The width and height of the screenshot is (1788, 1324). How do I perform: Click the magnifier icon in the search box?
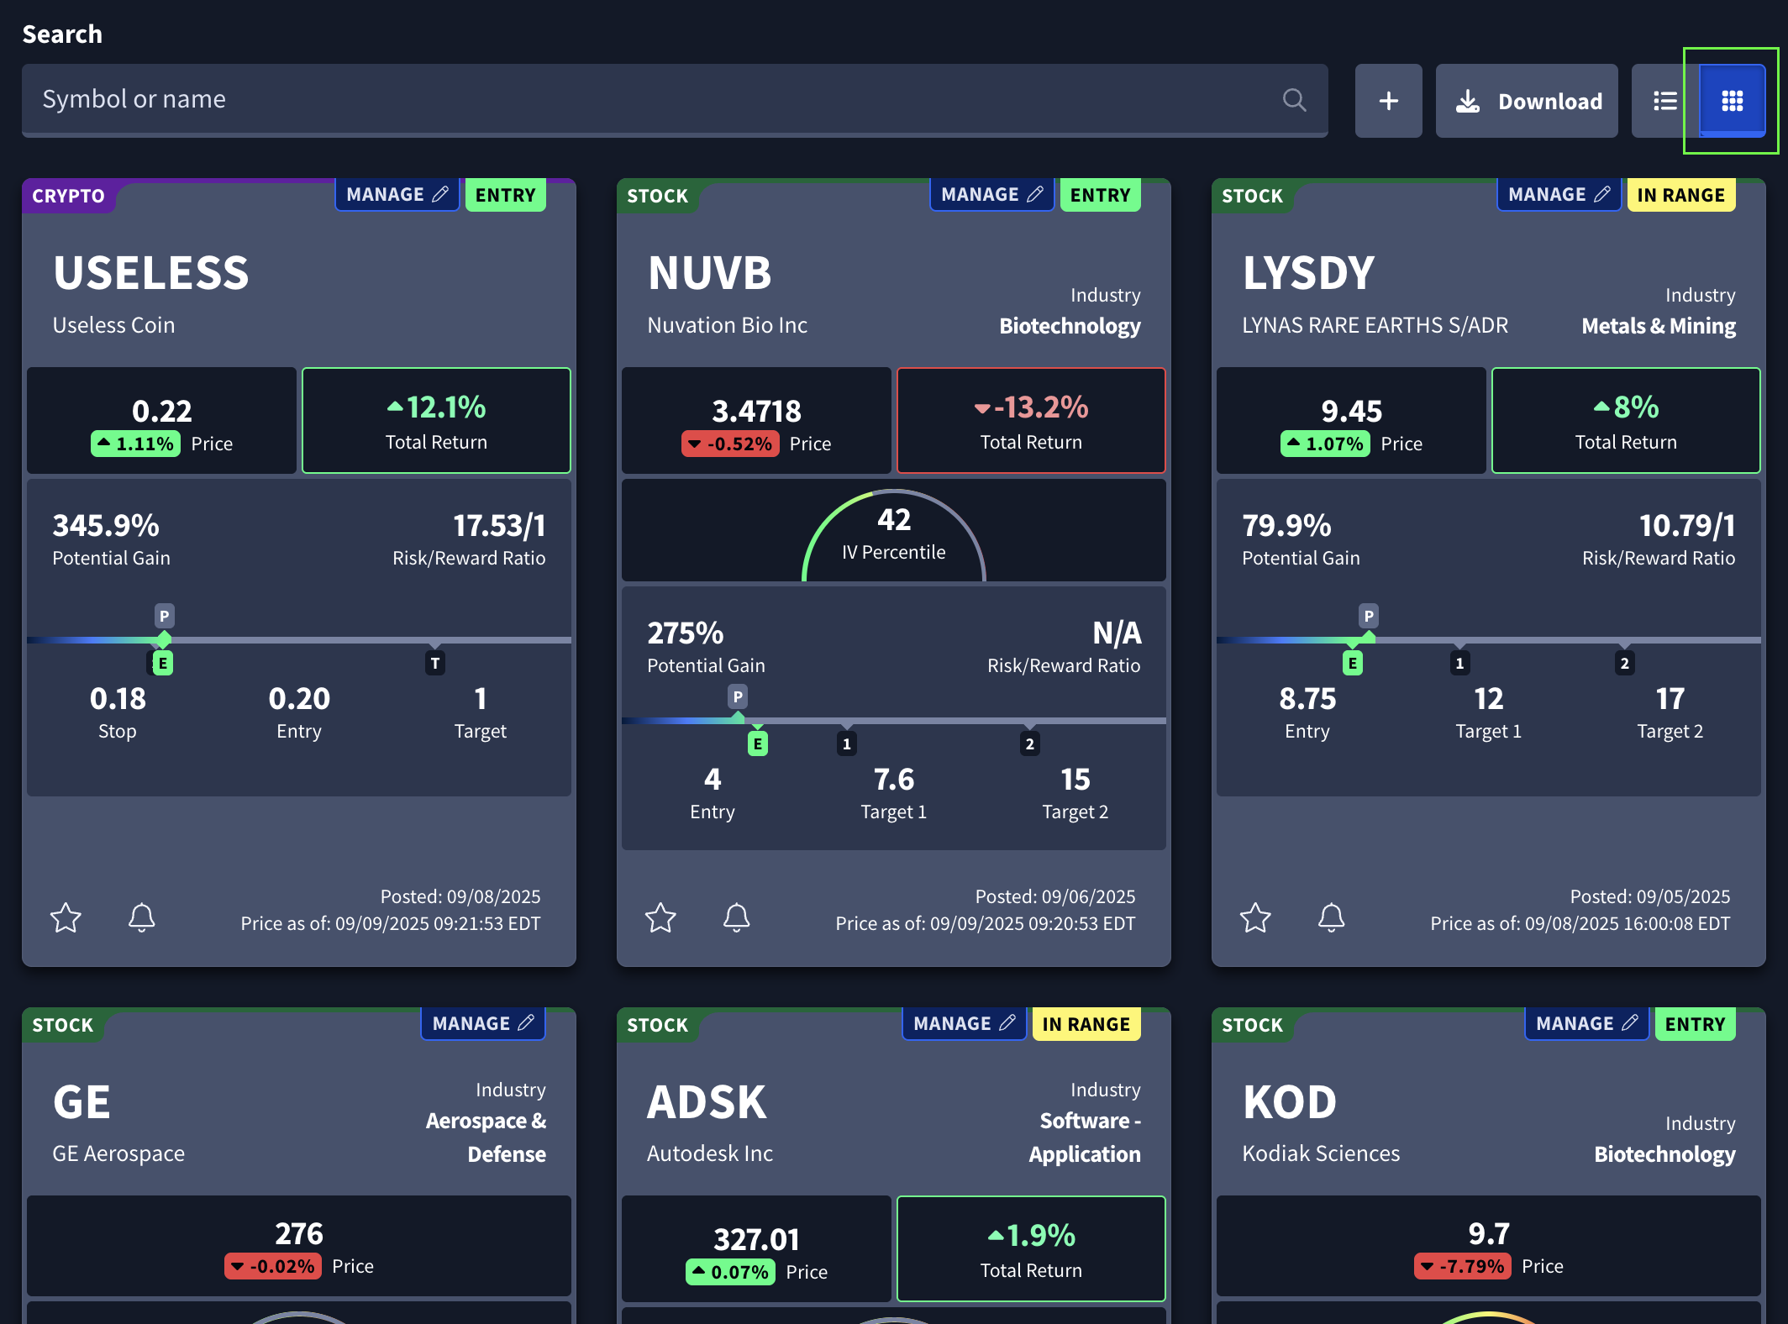[x=1294, y=101]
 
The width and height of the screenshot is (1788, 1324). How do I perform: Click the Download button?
[x=1527, y=101]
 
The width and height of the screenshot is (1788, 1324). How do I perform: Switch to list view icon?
[x=1664, y=101]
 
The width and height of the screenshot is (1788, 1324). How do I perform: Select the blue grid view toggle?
[x=1732, y=101]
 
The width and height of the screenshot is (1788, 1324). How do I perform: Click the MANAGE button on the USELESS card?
[x=397, y=195]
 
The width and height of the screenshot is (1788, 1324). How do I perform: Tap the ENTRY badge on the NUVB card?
[x=1100, y=195]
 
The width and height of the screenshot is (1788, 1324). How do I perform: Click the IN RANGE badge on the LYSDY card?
[x=1680, y=195]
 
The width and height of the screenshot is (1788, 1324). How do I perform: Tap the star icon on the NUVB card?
[x=660, y=917]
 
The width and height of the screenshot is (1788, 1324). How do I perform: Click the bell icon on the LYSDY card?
[x=1331, y=917]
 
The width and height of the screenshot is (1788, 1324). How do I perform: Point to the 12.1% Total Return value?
[x=437, y=407]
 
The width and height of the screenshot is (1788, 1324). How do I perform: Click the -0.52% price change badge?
[x=730, y=444]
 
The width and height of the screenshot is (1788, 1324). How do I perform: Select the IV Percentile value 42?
[x=894, y=520]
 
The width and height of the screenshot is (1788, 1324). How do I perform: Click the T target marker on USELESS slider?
[x=435, y=663]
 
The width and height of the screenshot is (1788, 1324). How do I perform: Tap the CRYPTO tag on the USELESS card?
[x=68, y=196]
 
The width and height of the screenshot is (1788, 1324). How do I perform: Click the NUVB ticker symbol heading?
[x=710, y=273]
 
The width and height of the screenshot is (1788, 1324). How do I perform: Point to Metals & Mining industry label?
[x=1658, y=326]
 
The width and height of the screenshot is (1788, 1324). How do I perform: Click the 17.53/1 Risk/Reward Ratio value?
[x=499, y=526]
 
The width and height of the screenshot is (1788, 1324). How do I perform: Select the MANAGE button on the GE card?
[x=482, y=1023]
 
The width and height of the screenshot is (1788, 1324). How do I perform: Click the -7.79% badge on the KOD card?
[x=1463, y=1266]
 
